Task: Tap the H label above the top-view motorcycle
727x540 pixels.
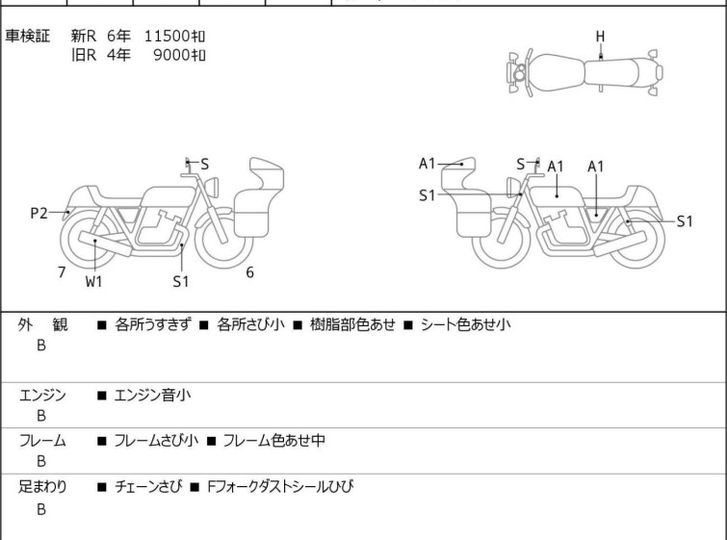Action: tap(600, 37)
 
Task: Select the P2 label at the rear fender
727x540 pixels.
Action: tap(39, 214)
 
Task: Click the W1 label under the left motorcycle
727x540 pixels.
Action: tap(93, 281)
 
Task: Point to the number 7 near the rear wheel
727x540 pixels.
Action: tap(62, 272)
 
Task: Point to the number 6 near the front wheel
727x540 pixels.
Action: tap(249, 272)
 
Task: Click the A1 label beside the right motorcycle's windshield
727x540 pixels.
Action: tap(428, 164)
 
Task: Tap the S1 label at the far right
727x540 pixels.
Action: tap(684, 221)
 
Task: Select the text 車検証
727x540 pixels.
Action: tap(28, 37)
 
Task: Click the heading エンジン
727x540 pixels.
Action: tap(42, 395)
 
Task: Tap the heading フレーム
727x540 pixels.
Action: tap(42, 441)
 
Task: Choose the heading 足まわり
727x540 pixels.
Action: tap(42, 487)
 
